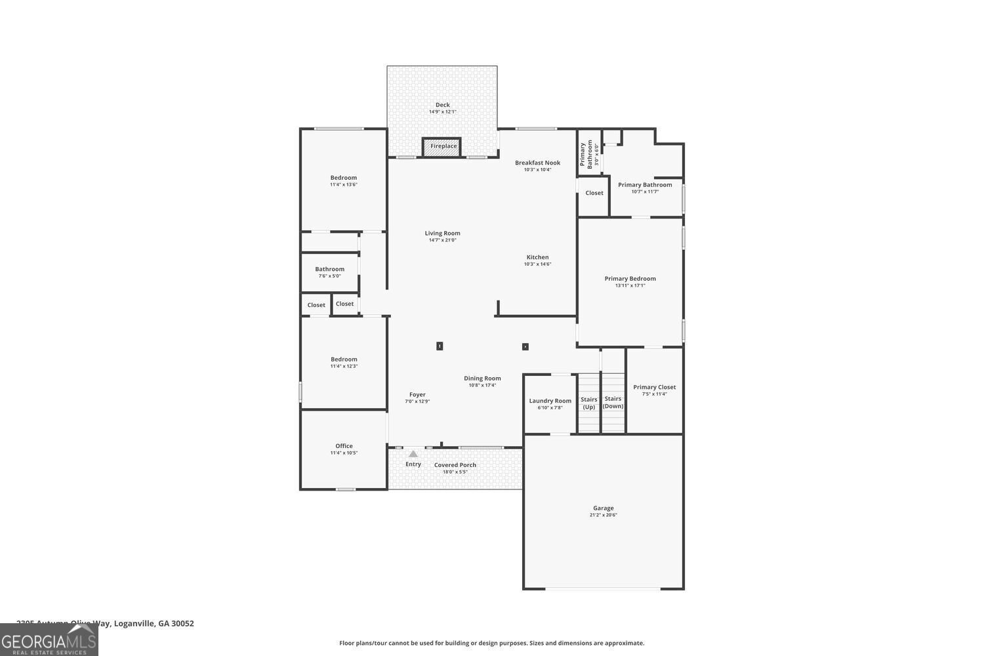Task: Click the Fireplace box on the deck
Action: [x=442, y=146]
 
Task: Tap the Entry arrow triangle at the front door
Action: [x=413, y=453]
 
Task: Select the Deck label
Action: [x=443, y=105]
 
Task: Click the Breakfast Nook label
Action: [x=537, y=163]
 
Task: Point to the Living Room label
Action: [x=442, y=233]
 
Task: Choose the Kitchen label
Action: [x=537, y=257]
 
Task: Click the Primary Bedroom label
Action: [x=630, y=279]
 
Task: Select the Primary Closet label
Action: [x=654, y=387]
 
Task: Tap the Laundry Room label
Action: [x=550, y=401]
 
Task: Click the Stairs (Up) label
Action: [x=589, y=403]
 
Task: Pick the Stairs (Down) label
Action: [x=613, y=403]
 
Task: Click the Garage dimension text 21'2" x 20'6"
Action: [x=603, y=515]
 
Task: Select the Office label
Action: [x=344, y=446]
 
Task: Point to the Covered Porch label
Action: [x=455, y=465]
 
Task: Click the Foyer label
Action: [x=417, y=395]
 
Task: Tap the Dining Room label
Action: [x=482, y=379]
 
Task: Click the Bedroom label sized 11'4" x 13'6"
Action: [x=344, y=178]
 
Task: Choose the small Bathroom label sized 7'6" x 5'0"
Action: [x=329, y=269]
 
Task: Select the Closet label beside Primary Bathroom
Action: [x=594, y=193]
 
